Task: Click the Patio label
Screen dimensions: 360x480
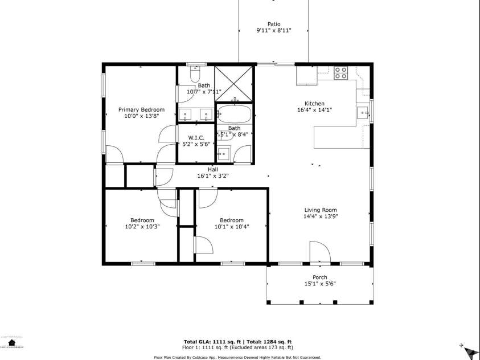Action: [274, 24]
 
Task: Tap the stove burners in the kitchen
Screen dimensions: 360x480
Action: [340, 72]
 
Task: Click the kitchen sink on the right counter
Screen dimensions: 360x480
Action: [362, 112]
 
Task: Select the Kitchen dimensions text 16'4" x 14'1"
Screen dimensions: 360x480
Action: [314, 110]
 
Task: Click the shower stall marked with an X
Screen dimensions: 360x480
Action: [234, 83]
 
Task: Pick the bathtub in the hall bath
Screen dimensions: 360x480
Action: [234, 114]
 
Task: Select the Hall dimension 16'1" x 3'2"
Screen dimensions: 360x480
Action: [212, 176]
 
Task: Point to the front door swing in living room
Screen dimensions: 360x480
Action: [319, 252]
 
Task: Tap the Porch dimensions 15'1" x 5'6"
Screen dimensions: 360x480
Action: [319, 284]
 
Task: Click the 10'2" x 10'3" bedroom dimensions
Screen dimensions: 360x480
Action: [142, 226]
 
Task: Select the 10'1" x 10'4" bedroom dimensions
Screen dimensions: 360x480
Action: [232, 226]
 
